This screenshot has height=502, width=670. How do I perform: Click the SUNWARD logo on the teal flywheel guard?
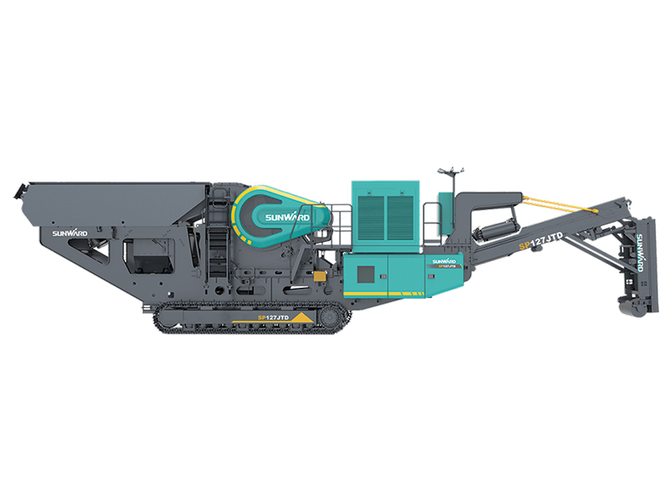tap(287, 218)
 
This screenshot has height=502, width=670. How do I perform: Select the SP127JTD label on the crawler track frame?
tap(273, 318)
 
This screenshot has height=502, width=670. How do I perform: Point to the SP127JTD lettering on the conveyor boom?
tap(541, 243)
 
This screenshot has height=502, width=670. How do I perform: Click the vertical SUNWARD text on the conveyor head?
tap(639, 252)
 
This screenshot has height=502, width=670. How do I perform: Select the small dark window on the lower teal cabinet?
tap(365, 274)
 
